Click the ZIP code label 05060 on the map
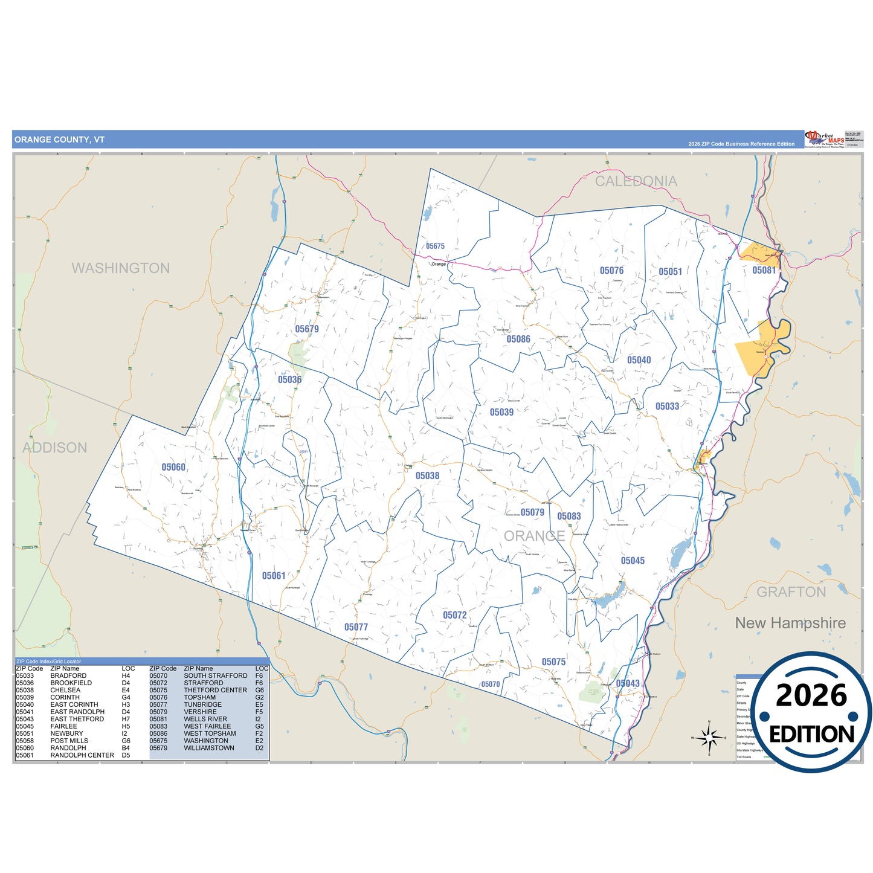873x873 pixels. tap(173, 467)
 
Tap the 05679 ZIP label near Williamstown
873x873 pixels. tap(307, 329)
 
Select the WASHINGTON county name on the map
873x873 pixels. tap(121, 268)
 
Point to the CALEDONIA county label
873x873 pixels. tap(636, 181)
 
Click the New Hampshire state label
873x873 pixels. tap(790, 623)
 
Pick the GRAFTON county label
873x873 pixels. tap(791, 592)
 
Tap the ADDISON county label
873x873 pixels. tap(55, 448)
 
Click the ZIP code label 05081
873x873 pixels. tap(764, 271)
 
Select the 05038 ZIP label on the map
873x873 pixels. tap(427, 476)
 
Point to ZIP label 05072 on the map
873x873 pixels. tap(455, 615)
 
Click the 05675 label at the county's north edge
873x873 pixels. tap(435, 246)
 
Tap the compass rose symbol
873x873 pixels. tap(709, 738)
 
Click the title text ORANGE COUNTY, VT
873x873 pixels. tap(60, 140)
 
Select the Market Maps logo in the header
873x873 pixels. tap(825, 139)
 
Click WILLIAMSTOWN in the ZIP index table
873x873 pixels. tap(209, 748)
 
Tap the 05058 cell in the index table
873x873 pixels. tap(25, 741)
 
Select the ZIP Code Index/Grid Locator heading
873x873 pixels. tap(48, 661)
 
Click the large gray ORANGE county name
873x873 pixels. tap(534, 536)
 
